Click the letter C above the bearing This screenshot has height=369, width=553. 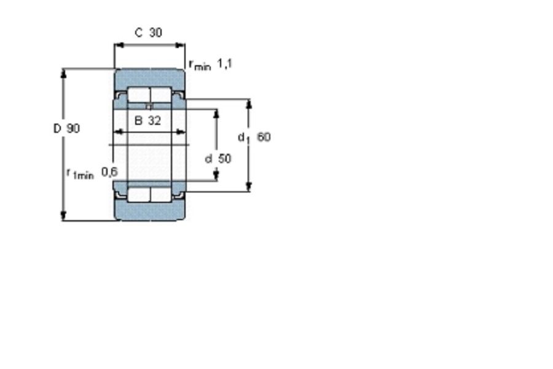139,33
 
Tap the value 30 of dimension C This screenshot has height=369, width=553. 155,33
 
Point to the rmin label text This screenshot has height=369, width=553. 200,65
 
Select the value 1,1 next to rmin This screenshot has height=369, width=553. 224,64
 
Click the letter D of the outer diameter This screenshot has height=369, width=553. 57,128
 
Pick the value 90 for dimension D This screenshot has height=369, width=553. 73,128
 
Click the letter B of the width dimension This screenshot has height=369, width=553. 138,121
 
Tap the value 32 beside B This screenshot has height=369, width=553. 154,121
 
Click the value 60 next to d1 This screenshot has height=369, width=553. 264,137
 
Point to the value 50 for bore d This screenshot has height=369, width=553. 225,159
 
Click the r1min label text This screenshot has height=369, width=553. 80,173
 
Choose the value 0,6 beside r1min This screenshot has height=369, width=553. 109,172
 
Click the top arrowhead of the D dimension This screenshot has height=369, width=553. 63,73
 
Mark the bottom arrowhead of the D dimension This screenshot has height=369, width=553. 63,216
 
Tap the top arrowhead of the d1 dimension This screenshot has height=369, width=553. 249,103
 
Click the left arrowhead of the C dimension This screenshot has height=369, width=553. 119,45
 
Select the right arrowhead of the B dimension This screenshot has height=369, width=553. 180,132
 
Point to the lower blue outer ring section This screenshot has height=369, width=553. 149,211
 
